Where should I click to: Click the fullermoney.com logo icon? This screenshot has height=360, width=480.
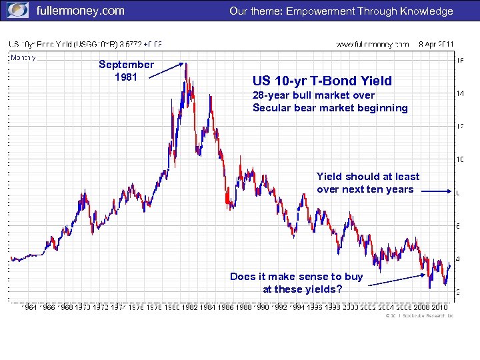click(x=18, y=11)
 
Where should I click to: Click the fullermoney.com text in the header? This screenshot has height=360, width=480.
click(x=80, y=11)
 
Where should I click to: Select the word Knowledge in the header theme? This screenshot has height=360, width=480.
click(x=426, y=11)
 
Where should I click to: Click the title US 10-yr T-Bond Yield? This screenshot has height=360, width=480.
click(x=322, y=81)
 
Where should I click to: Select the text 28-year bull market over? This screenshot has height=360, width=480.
click(x=313, y=95)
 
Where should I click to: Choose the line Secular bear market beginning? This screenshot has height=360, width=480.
click(x=330, y=107)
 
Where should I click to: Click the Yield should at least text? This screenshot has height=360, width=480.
click(x=368, y=177)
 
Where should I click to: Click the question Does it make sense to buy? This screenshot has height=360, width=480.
click(x=296, y=276)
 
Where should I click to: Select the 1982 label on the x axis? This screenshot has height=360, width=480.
click(x=191, y=307)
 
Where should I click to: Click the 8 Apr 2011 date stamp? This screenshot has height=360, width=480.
click(x=437, y=44)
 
